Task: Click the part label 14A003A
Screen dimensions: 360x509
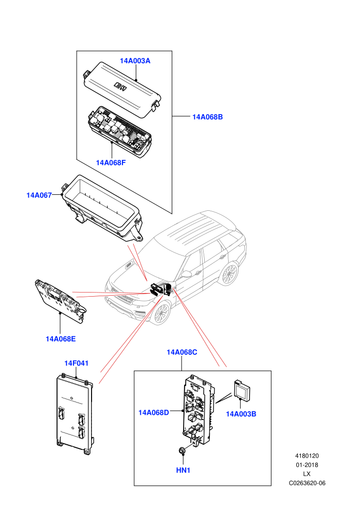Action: pyautogui.click(x=135, y=61)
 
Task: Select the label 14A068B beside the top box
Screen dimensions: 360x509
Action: pyautogui.click(x=207, y=117)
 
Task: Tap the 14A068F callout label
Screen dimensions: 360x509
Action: pyautogui.click(x=111, y=162)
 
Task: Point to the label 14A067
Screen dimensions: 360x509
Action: pyautogui.click(x=39, y=195)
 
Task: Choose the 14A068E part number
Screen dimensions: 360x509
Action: pyautogui.click(x=61, y=339)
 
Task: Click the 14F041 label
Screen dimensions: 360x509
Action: pyautogui.click(x=76, y=363)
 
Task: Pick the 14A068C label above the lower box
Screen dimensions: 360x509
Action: pyautogui.click(x=182, y=352)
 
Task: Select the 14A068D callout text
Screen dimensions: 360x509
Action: pyautogui.click(x=154, y=412)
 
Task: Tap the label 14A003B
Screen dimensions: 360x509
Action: pyautogui.click(x=241, y=414)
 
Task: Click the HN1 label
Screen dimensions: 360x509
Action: pyautogui.click(x=183, y=470)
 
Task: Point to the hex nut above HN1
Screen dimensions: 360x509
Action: pyautogui.click(x=183, y=450)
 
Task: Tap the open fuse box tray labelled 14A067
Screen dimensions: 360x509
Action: pyautogui.click(x=101, y=208)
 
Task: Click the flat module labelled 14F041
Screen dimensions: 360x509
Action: pyautogui.click(x=75, y=414)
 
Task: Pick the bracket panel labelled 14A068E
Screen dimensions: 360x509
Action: pyautogui.click(x=61, y=300)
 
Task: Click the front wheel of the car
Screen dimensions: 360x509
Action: pyautogui.click(x=161, y=313)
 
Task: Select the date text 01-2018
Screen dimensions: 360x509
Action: pyautogui.click(x=307, y=465)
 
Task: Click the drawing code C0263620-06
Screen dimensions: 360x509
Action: pyautogui.click(x=307, y=483)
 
